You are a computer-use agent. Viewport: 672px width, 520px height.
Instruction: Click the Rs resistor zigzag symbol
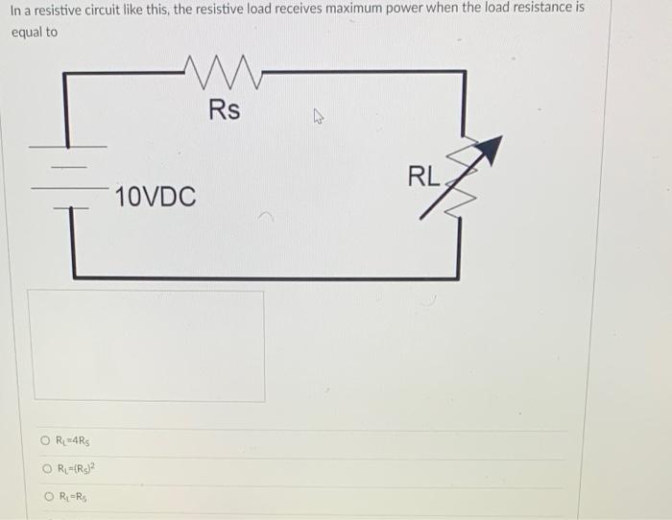tap(223, 70)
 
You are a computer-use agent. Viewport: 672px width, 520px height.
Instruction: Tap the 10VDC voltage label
tap(155, 199)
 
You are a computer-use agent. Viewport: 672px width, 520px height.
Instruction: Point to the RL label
tap(423, 177)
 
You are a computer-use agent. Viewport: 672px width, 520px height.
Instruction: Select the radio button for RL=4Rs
tap(45, 442)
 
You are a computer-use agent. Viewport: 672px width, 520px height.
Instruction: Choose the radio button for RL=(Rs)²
tap(45, 469)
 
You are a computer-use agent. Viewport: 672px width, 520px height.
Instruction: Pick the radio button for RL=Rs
tap(45, 497)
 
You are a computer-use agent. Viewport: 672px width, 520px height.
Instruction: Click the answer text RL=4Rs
tap(75, 442)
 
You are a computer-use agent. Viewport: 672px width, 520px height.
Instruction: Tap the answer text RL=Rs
tap(73, 497)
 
